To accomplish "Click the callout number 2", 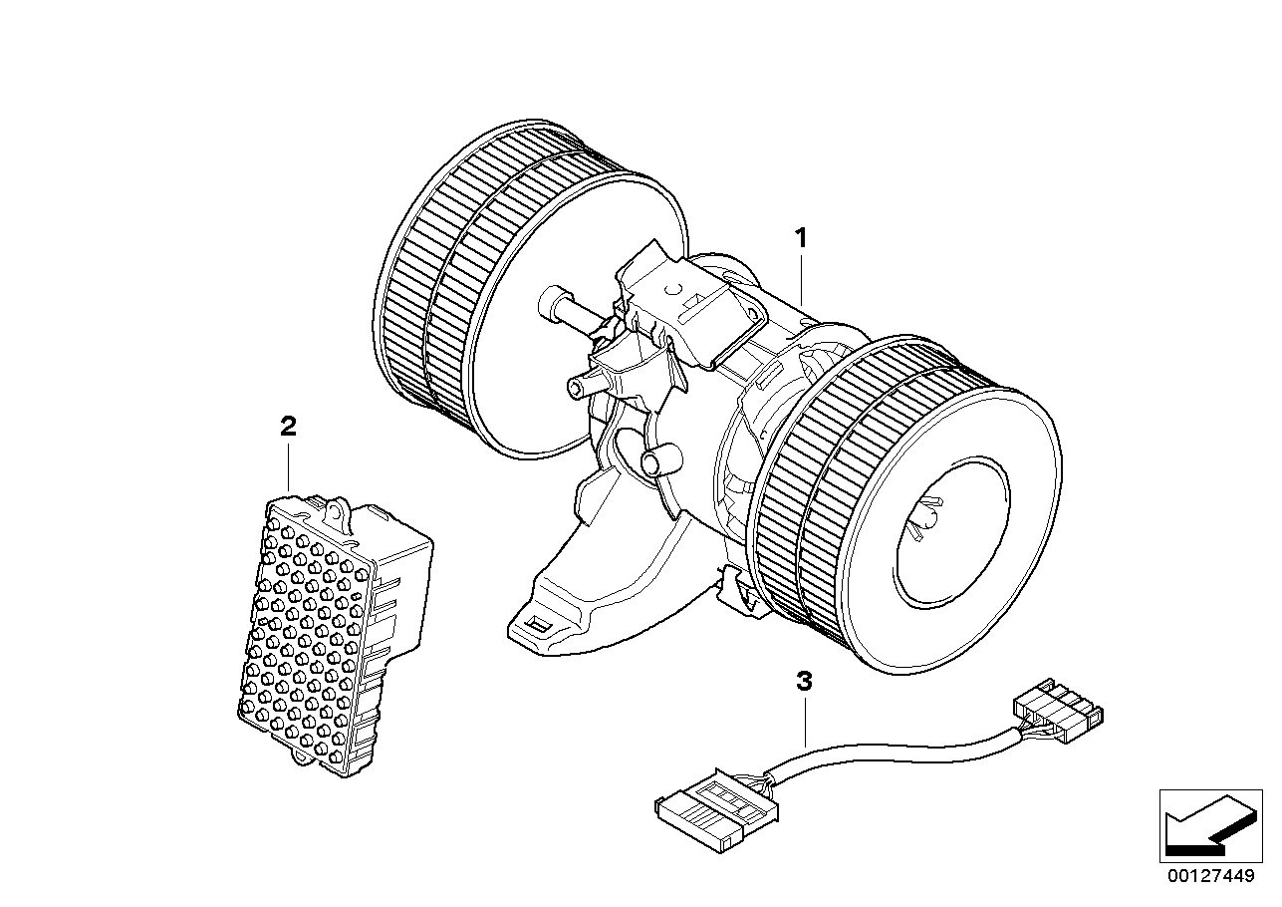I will click(288, 428).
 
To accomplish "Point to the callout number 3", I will click(804, 683).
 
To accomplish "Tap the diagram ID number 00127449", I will click(1208, 879).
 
